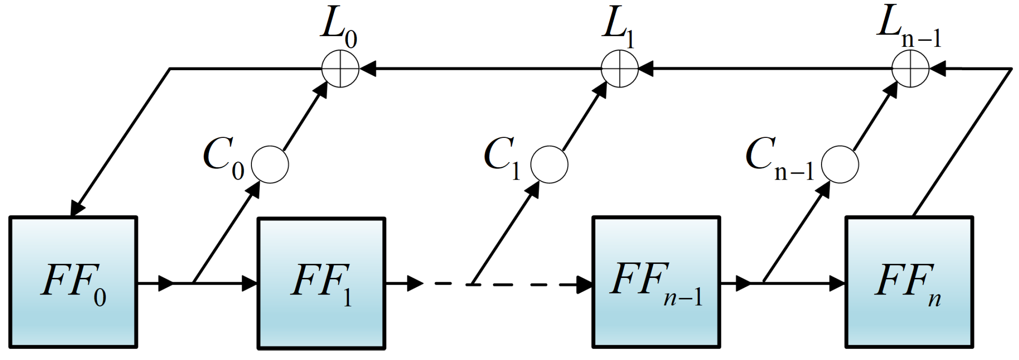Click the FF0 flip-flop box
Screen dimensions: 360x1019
pos(73,283)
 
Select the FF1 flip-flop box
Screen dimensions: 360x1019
pos(321,283)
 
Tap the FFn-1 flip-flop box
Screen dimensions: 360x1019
pos(656,283)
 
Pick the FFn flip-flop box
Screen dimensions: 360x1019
pos(909,283)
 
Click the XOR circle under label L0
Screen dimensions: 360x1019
pos(340,69)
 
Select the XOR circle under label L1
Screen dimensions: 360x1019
pos(619,69)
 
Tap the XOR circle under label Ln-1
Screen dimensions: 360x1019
pos(910,69)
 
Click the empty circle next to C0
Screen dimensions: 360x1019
pos(270,165)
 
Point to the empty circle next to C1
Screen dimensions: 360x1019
pos(549,165)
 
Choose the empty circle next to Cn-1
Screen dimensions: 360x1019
pos(840,165)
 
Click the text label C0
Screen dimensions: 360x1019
pos(223,157)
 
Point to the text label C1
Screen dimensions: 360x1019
pos(502,157)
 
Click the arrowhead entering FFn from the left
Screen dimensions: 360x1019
pos(837,283)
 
